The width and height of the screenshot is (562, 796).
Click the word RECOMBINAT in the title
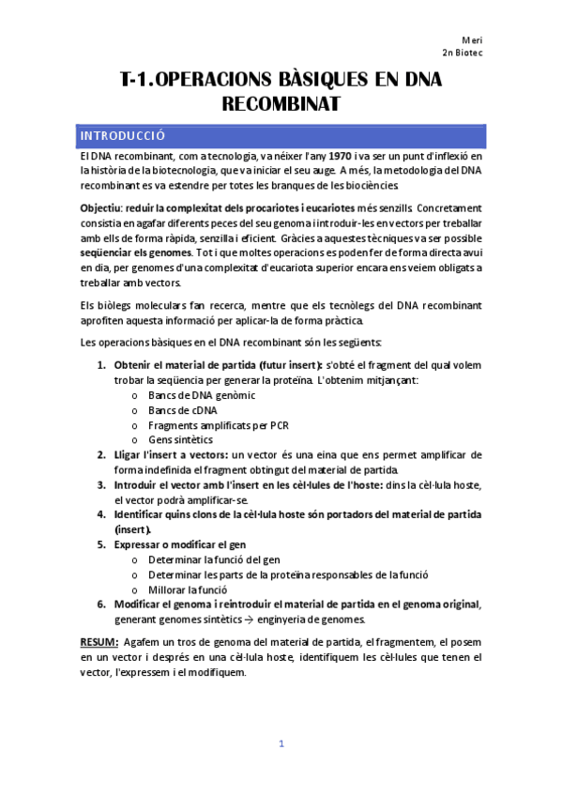click(280, 104)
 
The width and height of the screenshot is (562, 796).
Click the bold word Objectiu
click(100, 206)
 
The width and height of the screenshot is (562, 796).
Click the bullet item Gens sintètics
click(180, 439)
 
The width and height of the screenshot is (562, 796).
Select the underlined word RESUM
click(98, 641)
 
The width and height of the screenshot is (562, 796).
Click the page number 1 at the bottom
click(281, 744)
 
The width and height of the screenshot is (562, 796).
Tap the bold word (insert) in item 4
click(132, 529)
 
